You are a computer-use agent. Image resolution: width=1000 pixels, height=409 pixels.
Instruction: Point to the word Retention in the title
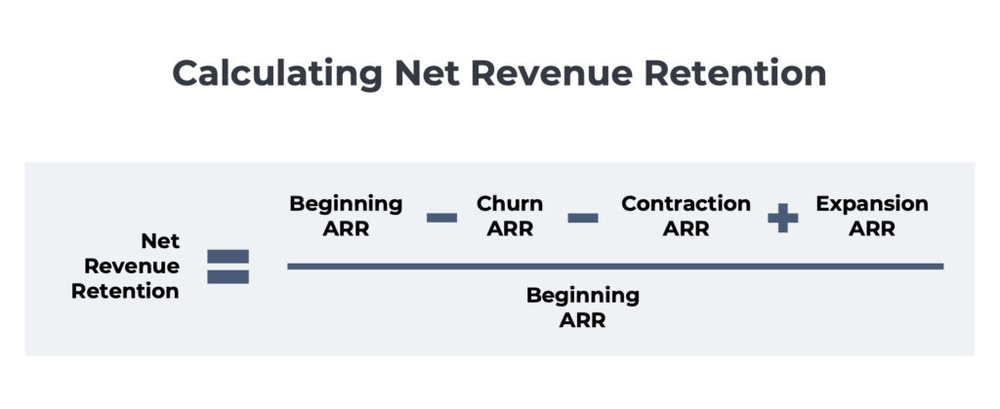(745, 74)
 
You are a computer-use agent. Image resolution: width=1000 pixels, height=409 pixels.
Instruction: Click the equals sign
(228, 266)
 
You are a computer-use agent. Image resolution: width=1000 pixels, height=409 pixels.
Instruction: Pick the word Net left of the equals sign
(160, 240)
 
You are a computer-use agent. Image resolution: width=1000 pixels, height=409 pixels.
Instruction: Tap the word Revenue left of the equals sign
(132, 266)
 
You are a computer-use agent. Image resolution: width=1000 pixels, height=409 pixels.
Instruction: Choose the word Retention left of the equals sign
(125, 291)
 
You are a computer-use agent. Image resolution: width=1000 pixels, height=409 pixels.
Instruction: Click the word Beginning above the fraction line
(346, 204)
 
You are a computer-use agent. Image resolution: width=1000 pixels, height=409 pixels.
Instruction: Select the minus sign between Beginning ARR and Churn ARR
(441, 217)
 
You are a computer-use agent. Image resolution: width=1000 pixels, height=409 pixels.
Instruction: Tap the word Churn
(509, 204)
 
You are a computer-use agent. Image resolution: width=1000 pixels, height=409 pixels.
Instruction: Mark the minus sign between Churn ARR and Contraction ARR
(583, 217)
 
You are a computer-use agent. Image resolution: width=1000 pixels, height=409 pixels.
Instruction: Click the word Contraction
(686, 204)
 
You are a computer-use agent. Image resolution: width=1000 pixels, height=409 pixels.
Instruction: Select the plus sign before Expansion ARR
(782, 218)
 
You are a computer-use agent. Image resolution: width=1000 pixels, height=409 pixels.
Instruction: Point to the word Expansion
(872, 204)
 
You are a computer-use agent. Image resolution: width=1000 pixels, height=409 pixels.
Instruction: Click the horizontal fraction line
(615, 266)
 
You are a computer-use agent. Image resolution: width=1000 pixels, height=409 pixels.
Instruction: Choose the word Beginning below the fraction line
(583, 295)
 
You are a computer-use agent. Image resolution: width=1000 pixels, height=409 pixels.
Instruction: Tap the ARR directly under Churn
(509, 229)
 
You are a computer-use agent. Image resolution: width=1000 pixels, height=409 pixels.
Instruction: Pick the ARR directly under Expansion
(872, 229)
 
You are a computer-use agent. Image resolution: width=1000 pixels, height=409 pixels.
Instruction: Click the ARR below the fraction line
(583, 320)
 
